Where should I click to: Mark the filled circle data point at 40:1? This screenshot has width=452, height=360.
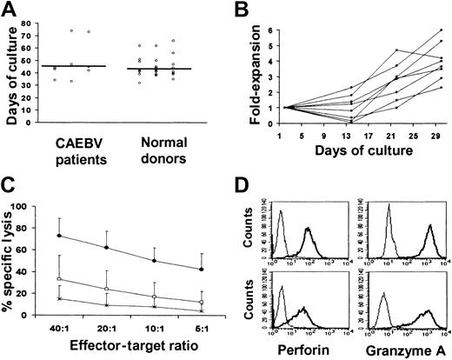coord(59,236)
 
